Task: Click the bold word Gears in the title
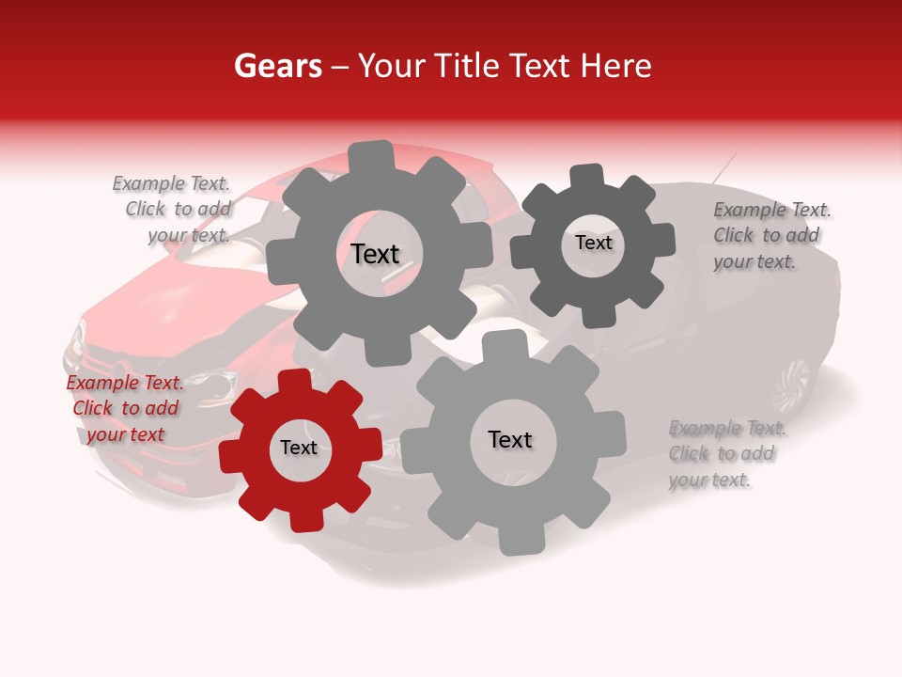point(277,66)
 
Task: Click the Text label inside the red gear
point(299,449)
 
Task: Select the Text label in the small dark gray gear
point(593,243)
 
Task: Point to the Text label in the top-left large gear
point(375,254)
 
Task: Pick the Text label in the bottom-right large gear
point(510,440)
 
